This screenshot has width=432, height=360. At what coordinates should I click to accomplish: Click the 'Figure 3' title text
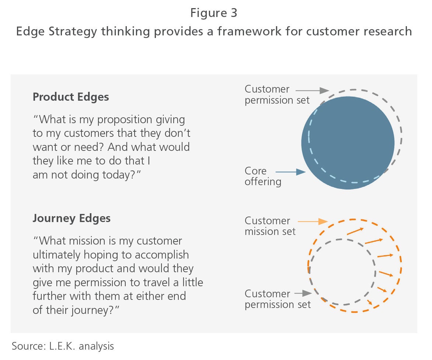tap(213, 13)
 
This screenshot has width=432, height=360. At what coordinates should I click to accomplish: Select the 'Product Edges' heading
tap(71, 97)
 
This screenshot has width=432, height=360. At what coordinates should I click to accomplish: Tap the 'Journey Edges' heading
tap(72, 218)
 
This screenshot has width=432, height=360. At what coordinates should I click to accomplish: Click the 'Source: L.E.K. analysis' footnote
tap(63, 346)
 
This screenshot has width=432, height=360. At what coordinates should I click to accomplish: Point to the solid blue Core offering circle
tap(348, 143)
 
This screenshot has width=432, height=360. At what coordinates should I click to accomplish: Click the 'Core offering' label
tap(263, 176)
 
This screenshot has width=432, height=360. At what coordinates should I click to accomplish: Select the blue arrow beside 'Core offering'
tap(290, 172)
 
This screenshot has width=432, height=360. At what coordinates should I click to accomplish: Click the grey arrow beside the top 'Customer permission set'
tap(312, 90)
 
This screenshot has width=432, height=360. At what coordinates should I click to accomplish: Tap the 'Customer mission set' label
tap(270, 226)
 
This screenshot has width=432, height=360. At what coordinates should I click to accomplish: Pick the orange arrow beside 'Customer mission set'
tap(313, 221)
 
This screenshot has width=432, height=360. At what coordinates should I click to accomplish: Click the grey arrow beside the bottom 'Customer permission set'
tap(303, 293)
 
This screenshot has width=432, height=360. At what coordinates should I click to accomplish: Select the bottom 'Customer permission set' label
tap(278, 299)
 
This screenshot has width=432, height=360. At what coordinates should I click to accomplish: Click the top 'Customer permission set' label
tap(277, 94)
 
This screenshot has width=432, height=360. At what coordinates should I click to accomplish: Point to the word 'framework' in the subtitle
tap(249, 31)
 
